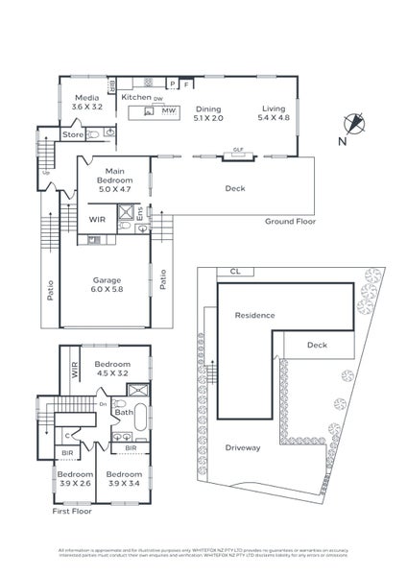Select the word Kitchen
[135, 97]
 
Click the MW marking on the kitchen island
[167, 112]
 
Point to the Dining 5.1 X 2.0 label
[208, 114]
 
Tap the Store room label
[74, 135]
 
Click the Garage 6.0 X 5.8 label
[107, 285]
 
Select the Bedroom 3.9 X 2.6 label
[74, 479]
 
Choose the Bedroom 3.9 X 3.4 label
[124, 479]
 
